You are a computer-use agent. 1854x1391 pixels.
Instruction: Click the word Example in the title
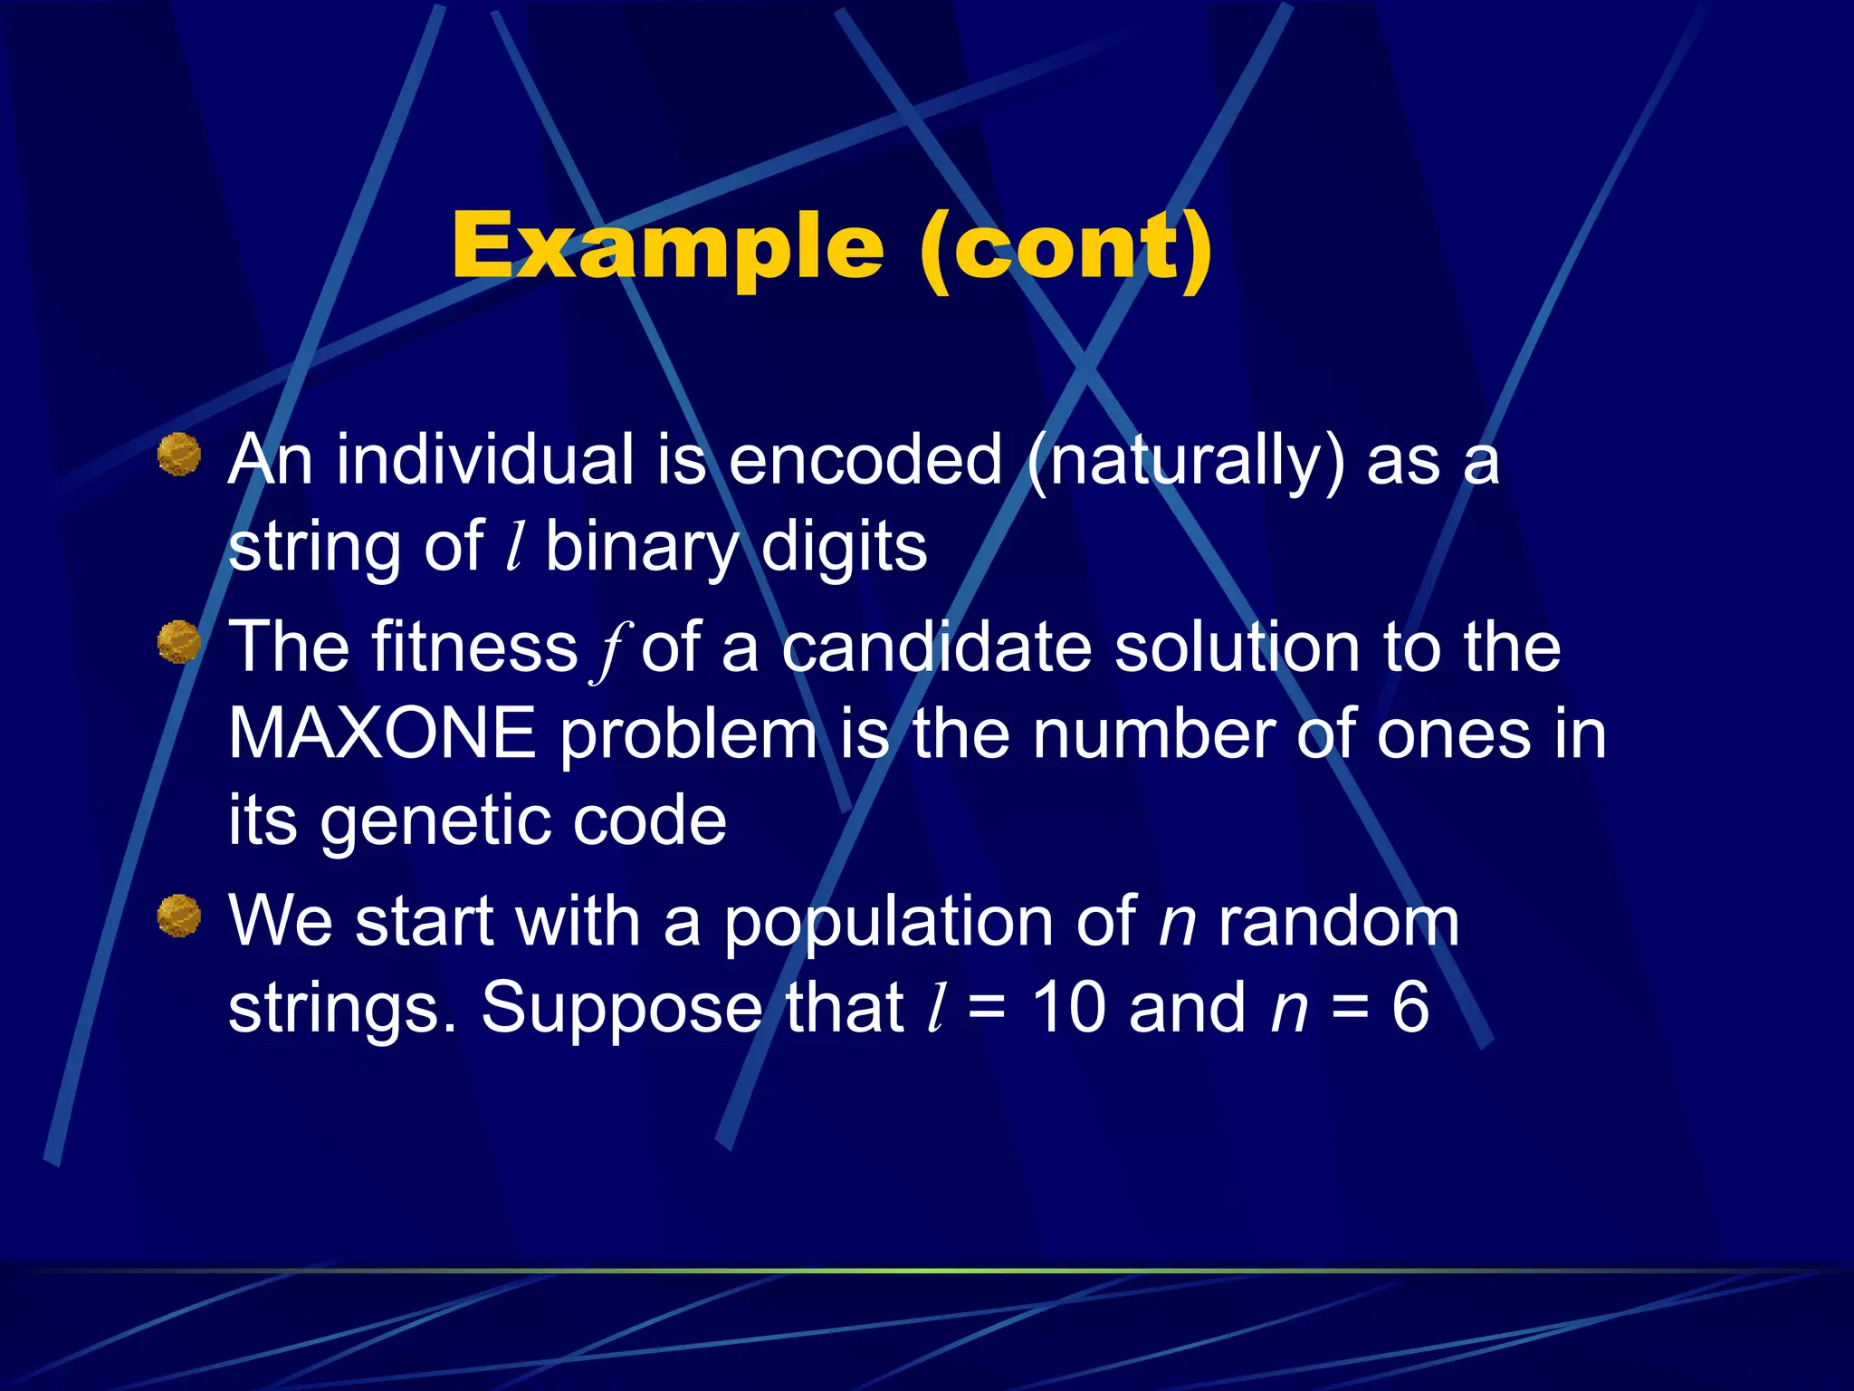667,246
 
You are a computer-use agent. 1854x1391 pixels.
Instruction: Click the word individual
484,460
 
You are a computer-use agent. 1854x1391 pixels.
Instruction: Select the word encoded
865,460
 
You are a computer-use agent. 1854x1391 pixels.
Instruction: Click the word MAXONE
382,734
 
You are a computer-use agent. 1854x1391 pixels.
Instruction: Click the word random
1338,922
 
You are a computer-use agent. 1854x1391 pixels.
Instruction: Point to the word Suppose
621,1009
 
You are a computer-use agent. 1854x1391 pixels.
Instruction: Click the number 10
1069,1007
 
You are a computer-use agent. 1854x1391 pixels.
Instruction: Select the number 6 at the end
1410,1007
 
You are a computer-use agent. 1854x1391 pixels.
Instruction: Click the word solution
1237,648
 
